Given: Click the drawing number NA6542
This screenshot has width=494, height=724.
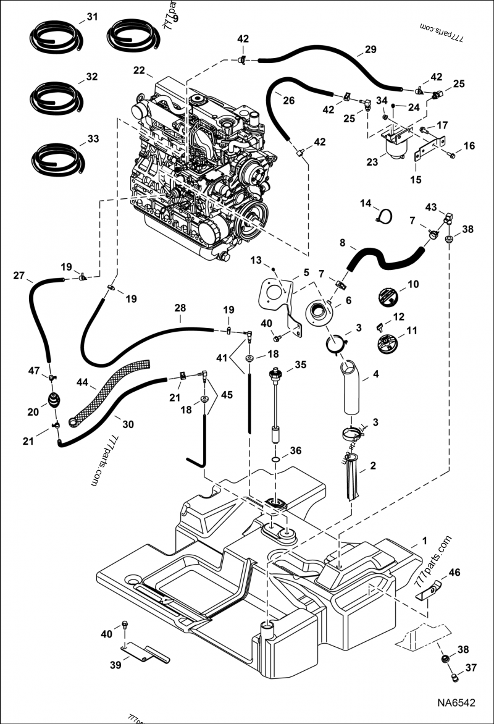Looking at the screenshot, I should click(457, 703).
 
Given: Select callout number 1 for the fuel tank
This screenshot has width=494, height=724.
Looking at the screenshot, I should click(424, 541).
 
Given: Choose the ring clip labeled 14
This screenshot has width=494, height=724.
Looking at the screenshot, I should click(385, 215).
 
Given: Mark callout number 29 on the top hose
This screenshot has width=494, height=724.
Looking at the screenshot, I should click(370, 49).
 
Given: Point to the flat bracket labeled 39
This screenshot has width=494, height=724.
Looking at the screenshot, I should click(144, 652).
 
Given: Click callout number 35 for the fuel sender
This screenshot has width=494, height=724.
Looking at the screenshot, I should click(300, 364).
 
